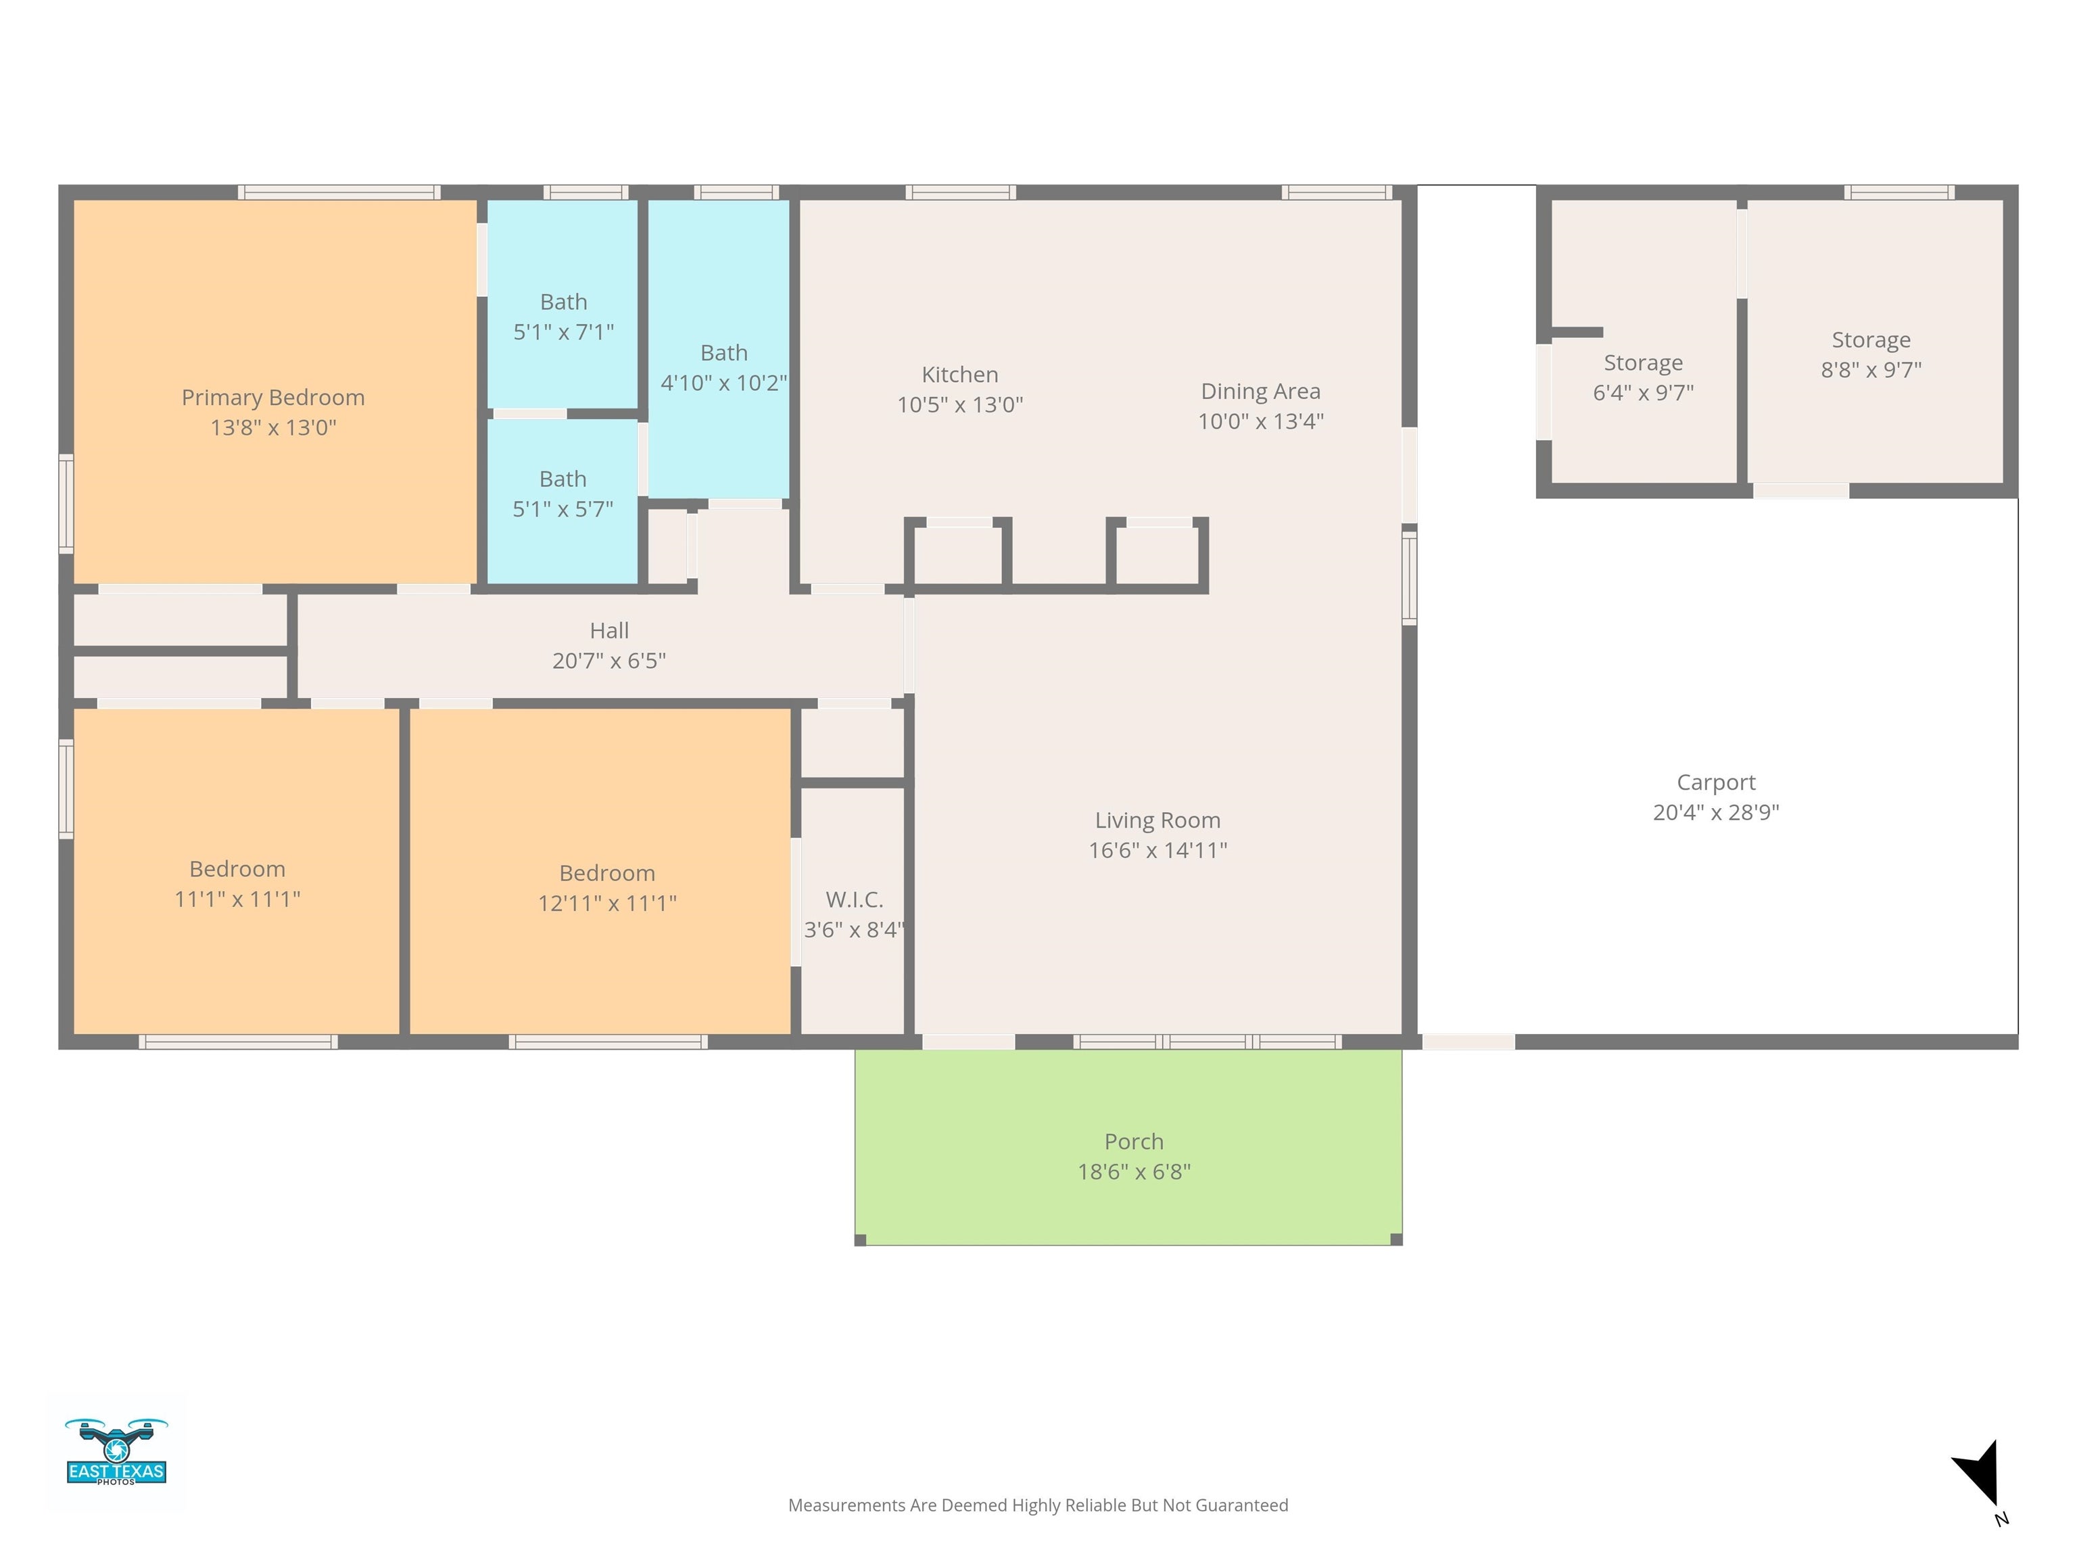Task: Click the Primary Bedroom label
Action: (273, 397)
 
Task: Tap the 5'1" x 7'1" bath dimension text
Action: (563, 331)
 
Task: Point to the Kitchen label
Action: (959, 375)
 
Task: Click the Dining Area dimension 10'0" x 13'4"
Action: (1260, 421)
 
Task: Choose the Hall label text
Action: (609, 630)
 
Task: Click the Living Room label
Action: (1157, 820)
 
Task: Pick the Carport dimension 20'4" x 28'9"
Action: (1715, 812)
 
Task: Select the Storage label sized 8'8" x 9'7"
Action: (1870, 340)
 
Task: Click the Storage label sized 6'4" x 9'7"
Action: (1643, 362)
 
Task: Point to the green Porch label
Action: (1133, 1141)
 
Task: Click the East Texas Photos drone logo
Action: (116, 1452)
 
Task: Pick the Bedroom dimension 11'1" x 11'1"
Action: (237, 899)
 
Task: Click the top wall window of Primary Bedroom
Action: (339, 193)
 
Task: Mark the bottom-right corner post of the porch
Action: (1395, 1240)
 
